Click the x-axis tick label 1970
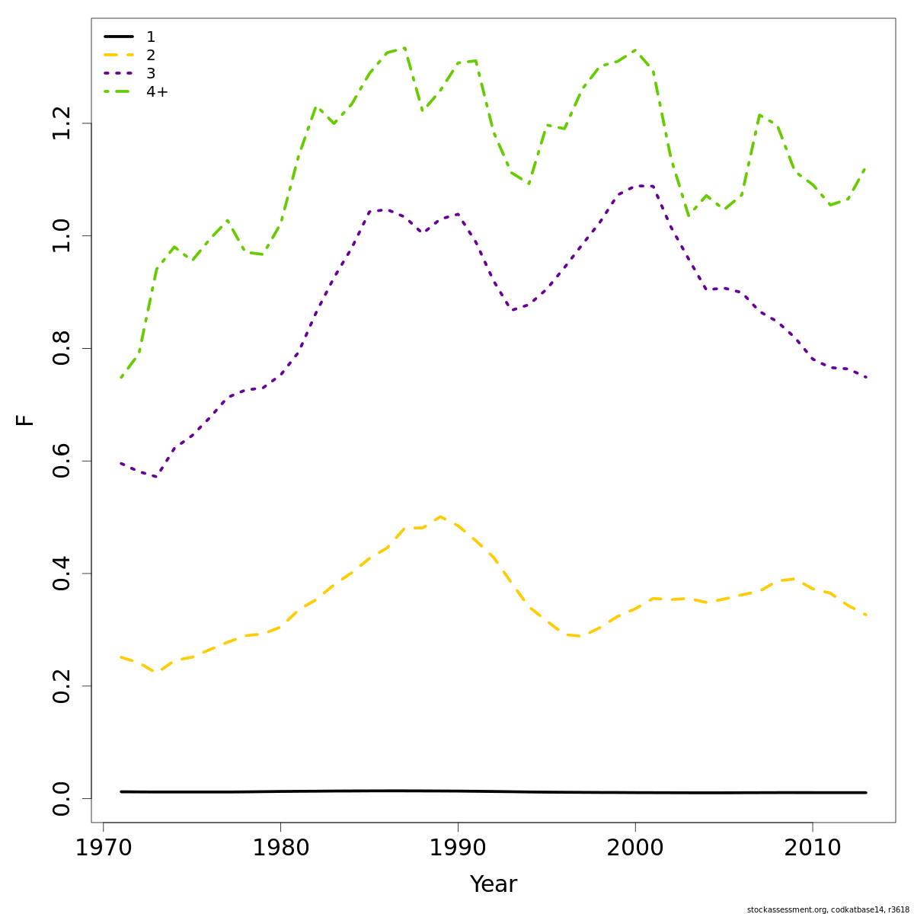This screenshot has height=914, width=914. (x=103, y=847)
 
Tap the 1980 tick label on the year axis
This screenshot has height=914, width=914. (x=280, y=847)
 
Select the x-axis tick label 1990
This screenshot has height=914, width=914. (x=458, y=847)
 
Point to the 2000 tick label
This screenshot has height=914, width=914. (x=635, y=847)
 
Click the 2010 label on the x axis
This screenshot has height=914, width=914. (x=813, y=847)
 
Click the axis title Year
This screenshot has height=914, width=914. (x=493, y=884)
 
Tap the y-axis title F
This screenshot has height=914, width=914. (x=25, y=420)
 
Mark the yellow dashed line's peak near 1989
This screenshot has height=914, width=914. (x=440, y=516)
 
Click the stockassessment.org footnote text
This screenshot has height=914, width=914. (x=828, y=909)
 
